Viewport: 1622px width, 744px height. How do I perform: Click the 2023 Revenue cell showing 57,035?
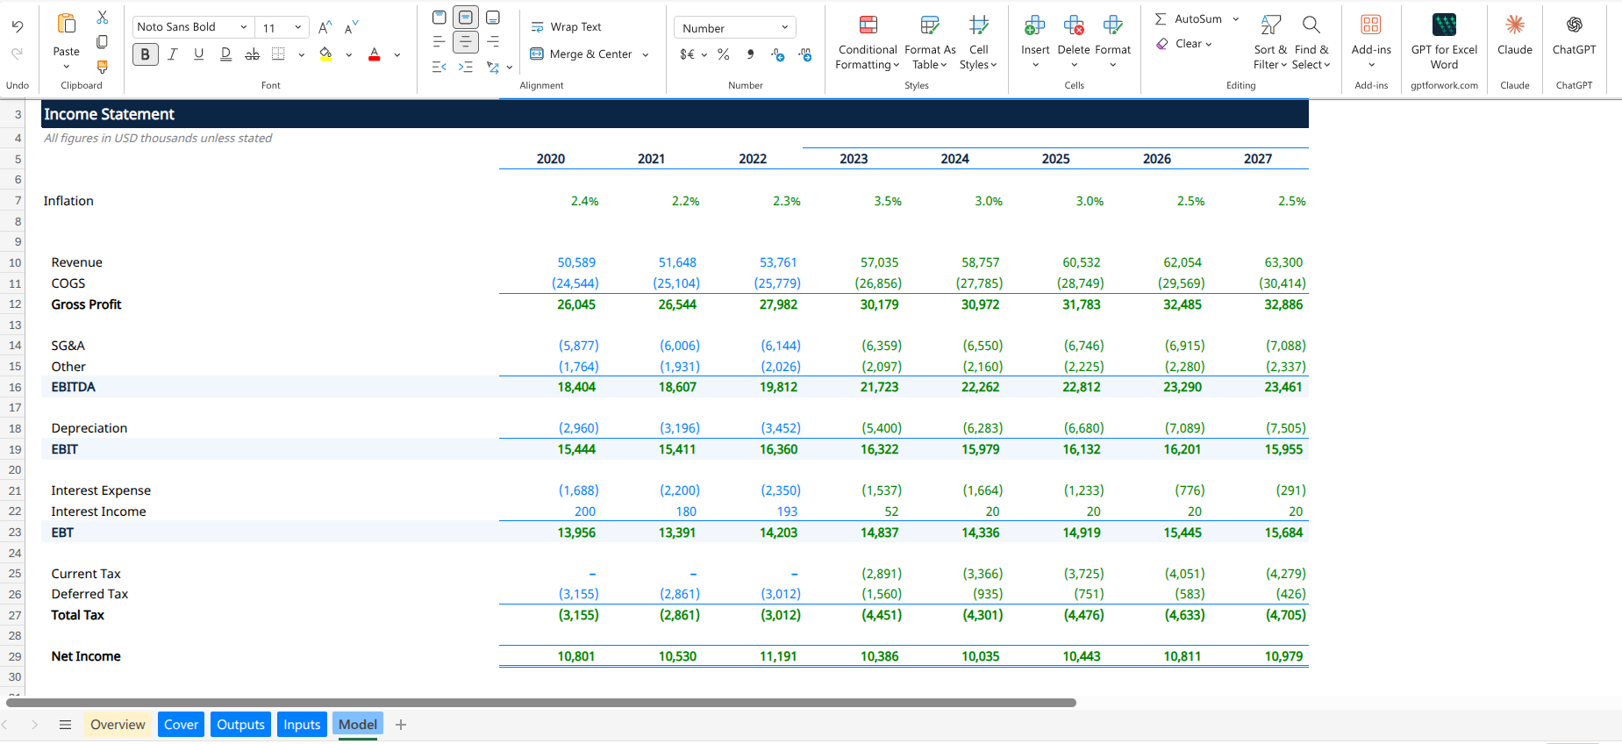(x=881, y=262)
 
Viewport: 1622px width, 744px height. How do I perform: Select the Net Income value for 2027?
(x=1283, y=656)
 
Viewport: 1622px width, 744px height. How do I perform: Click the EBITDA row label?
(x=74, y=387)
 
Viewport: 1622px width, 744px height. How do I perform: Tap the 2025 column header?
(x=1055, y=159)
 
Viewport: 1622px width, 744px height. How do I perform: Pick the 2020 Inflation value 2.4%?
(x=584, y=201)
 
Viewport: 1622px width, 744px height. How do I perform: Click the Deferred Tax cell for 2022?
(x=781, y=594)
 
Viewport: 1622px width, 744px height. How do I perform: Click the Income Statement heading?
(x=110, y=114)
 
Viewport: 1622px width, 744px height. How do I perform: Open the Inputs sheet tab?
(x=302, y=725)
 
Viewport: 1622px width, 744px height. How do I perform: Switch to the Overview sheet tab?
(x=118, y=725)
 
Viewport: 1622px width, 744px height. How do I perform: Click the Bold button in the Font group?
(x=145, y=54)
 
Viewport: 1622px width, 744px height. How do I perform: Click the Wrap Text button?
(x=567, y=27)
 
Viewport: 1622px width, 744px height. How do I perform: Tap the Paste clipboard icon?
(x=67, y=24)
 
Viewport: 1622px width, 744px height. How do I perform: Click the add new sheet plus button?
(x=401, y=725)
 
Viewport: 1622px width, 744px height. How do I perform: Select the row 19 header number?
(x=15, y=449)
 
